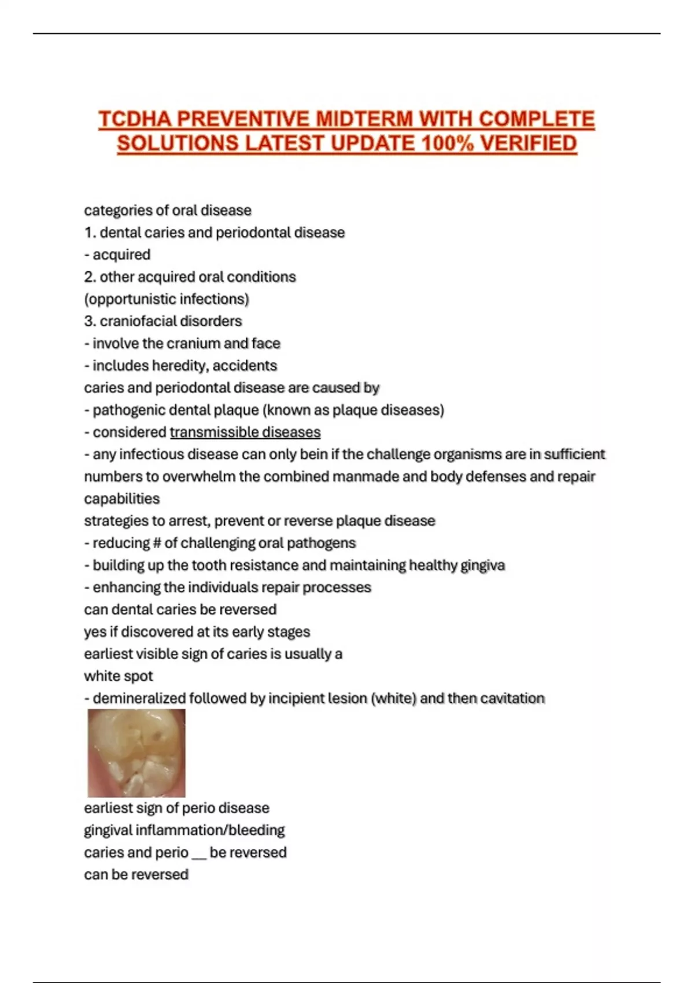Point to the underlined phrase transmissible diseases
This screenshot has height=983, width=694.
pyautogui.click(x=245, y=432)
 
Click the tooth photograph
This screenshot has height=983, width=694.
pyautogui.click(x=136, y=753)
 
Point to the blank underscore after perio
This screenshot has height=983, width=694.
pyautogui.click(x=198, y=853)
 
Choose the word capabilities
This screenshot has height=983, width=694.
pyautogui.click(x=121, y=498)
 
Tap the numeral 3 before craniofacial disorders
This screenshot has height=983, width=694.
pyautogui.click(x=88, y=321)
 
